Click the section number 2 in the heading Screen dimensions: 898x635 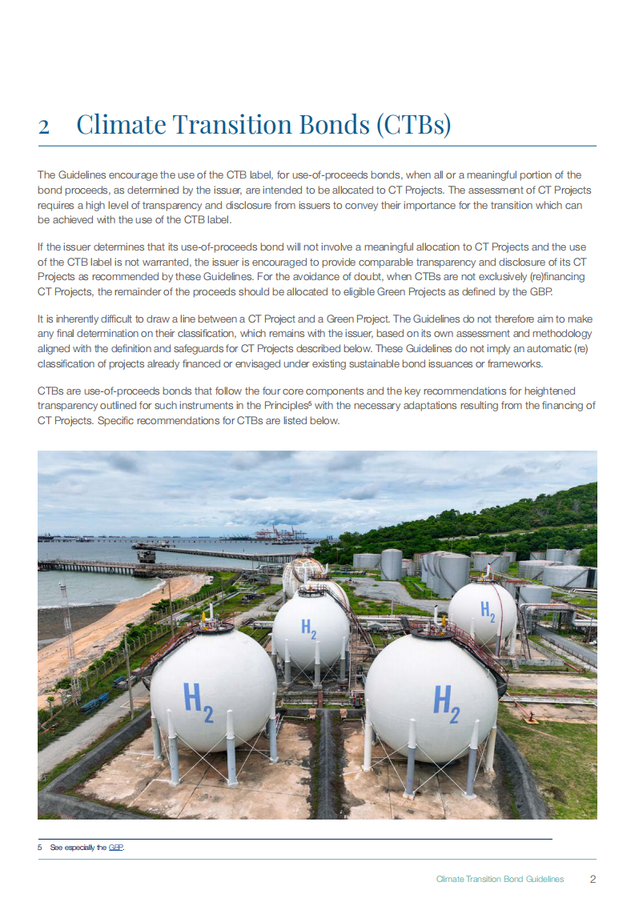44,126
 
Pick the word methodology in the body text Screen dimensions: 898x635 561,334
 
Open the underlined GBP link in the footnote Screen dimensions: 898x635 116,847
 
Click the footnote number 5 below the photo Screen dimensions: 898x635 39,847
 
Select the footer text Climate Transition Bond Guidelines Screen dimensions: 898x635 500,879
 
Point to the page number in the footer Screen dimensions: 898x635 593,879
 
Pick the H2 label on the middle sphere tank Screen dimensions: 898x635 309,629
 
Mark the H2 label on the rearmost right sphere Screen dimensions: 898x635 487,610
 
